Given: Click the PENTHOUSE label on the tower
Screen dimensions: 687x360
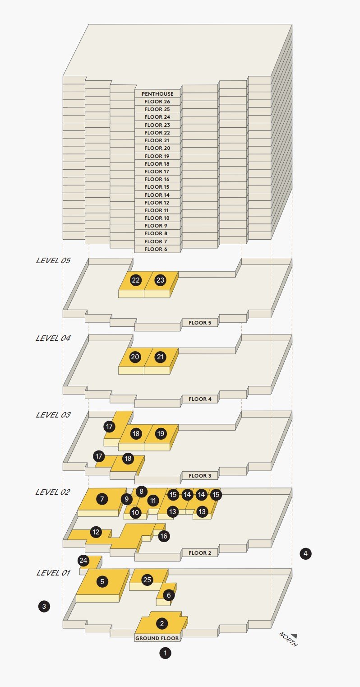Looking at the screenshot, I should click(x=157, y=94).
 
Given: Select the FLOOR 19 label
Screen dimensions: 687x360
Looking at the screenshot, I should click(x=157, y=156).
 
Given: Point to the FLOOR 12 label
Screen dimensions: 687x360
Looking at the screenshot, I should click(x=157, y=203).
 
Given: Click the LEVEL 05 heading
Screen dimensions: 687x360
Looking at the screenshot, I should click(x=53, y=261).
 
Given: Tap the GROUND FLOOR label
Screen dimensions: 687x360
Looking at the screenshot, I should click(x=157, y=638).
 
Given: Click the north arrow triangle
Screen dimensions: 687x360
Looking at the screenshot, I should click(x=294, y=635).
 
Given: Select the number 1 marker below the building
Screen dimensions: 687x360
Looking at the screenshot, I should click(x=165, y=653).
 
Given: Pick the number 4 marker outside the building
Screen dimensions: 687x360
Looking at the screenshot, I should click(x=305, y=553).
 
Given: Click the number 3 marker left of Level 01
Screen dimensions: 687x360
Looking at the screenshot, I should click(x=44, y=606).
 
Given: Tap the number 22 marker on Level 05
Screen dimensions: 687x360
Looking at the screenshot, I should click(x=136, y=280).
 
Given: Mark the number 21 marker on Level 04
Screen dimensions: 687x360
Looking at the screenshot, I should click(x=160, y=357).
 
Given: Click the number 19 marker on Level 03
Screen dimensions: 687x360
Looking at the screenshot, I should click(x=161, y=434).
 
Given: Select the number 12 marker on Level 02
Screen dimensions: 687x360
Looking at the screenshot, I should click(x=96, y=532).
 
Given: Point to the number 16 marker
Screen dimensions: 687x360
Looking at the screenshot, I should click(x=164, y=536).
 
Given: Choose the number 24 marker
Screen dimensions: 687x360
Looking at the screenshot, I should click(x=83, y=561).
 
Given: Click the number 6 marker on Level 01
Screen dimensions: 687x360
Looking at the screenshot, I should click(x=169, y=595).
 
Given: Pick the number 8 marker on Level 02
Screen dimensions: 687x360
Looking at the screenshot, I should click(x=141, y=492).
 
